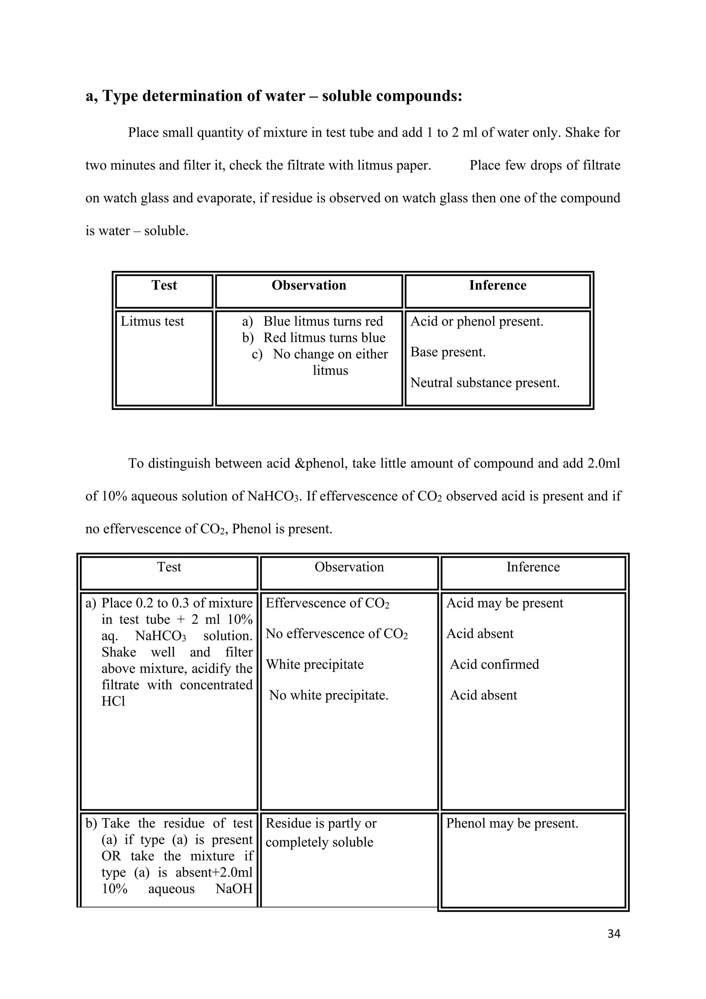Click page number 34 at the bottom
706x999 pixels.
click(x=613, y=934)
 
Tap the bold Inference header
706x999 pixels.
click(x=497, y=285)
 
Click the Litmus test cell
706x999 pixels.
click(x=152, y=322)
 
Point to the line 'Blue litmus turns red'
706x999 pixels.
click(x=323, y=322)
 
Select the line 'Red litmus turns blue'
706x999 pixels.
click(x=324, y=338)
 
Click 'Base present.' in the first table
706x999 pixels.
click(x=448, y=352)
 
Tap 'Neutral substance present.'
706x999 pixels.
click(x=485, y=383)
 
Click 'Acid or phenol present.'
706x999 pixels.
click(x=477, y=322)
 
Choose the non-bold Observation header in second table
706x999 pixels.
click(x=349, y=567)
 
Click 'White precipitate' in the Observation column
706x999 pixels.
click(x=314, y=664)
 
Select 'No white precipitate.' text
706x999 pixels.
click(x=328, y=695)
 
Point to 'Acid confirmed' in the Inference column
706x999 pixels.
click(x=494, y=664)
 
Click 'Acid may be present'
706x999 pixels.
click(x=504, y=603)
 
